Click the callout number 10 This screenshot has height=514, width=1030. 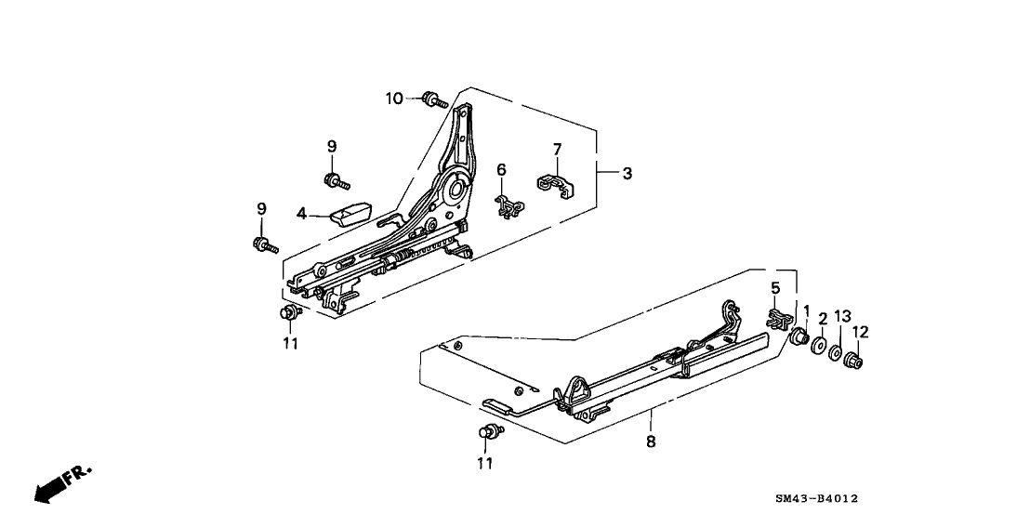pyautogui.click(x=394, y=98)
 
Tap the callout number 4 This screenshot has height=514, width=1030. pyautogui.click(x=300, y=215)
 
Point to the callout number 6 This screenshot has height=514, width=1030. pyautogui.click(x=500, y=169)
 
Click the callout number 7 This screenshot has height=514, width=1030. pyautogui.click(x=557, y=150)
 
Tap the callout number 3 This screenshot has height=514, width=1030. pyautogui.click(x=627, y=173)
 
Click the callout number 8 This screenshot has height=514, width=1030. pyautogui.click(x=650, y=442)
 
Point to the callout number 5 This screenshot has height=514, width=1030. pyautogui.click(x=774, y=288)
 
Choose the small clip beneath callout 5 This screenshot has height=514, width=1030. pyautogui.click(x=777, y=318)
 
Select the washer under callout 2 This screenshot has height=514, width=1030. pyautogui.click(x=819, y=347)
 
